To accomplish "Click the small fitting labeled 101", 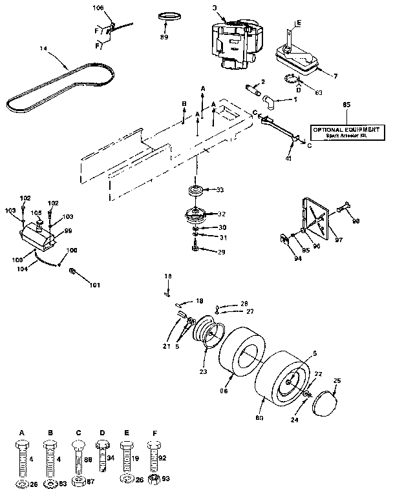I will click(73, 269).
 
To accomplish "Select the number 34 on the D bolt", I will click(111, 457).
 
